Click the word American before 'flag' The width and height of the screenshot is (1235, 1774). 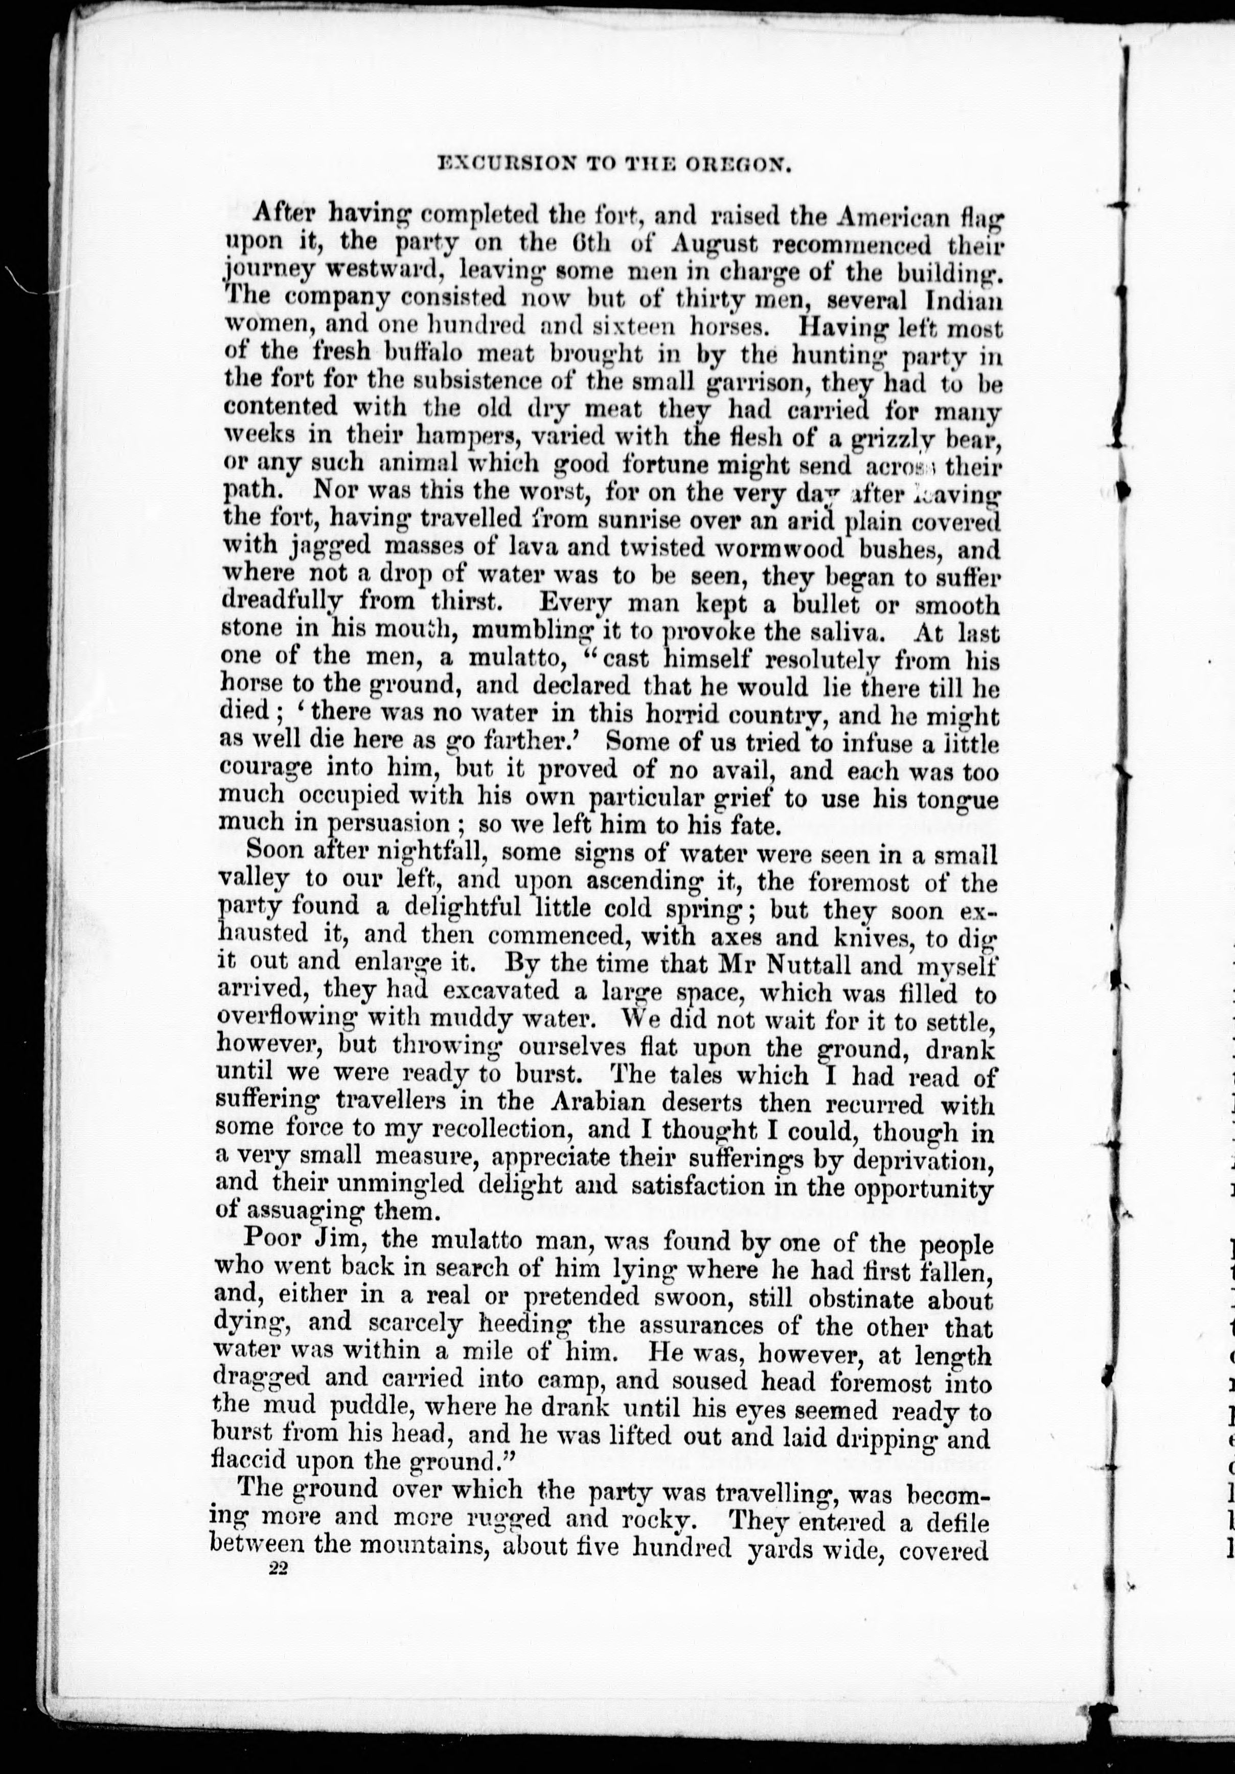click(x=886, y=217)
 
